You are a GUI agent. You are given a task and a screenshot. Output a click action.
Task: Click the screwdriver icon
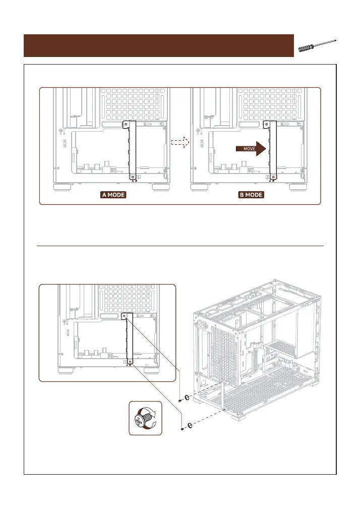(x=317, y=45)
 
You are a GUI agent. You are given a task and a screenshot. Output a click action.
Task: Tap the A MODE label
(x=113, y=195)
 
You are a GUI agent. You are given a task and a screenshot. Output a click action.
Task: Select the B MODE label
(x=251, y=195)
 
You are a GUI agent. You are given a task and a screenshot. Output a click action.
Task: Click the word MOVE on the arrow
(x=250, y=149)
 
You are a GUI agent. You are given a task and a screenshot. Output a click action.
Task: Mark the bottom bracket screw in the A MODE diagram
(x=132, y=177)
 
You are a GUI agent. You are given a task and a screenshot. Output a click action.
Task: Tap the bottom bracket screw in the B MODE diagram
(x=273, y=177)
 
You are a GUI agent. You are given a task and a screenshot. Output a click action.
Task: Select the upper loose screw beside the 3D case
(x=181, y=399)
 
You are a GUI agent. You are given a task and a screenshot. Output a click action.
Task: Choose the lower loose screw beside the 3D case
(x=182, y=428)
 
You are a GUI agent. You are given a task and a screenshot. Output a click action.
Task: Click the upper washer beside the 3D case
(x=188, y=397)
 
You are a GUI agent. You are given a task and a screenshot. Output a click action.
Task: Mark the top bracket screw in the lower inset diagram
(x=124, y=317)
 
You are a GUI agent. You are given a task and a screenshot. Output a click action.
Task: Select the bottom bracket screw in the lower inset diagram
(x=130, y=362)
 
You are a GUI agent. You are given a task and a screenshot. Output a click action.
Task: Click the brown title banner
(x=159, y=45)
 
